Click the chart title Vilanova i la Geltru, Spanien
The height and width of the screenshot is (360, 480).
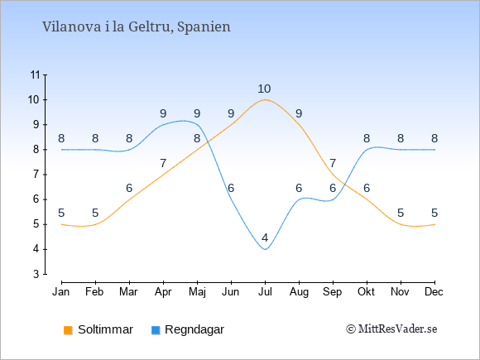click(137, 27)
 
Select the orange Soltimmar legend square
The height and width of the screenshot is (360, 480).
click(68, 330)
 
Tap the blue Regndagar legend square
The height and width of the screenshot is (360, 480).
click(156, 330)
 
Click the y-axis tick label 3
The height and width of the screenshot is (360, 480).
click(36, 274)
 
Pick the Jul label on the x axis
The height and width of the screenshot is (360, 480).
click(265, 292)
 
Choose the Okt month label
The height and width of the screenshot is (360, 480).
click(366, 292)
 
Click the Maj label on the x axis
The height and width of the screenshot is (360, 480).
click(197, 292)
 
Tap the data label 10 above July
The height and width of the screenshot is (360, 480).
click(264, 89)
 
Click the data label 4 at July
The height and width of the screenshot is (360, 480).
click(265, 238)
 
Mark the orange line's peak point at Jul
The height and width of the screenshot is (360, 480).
click(265, 100)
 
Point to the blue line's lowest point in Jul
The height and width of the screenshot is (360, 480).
click(265, 249)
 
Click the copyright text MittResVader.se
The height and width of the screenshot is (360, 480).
click(391, 329)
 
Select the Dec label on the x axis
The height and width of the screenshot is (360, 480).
click(434, 292)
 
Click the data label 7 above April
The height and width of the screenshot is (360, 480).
click(163, 163)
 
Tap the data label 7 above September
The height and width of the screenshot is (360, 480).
click(333, 163)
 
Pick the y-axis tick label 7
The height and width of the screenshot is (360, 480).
click(36, 175)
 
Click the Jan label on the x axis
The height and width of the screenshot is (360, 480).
click(61, 292)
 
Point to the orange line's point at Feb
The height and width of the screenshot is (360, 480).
click(95, 224)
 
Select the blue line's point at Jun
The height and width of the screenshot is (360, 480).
click(231, 199)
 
